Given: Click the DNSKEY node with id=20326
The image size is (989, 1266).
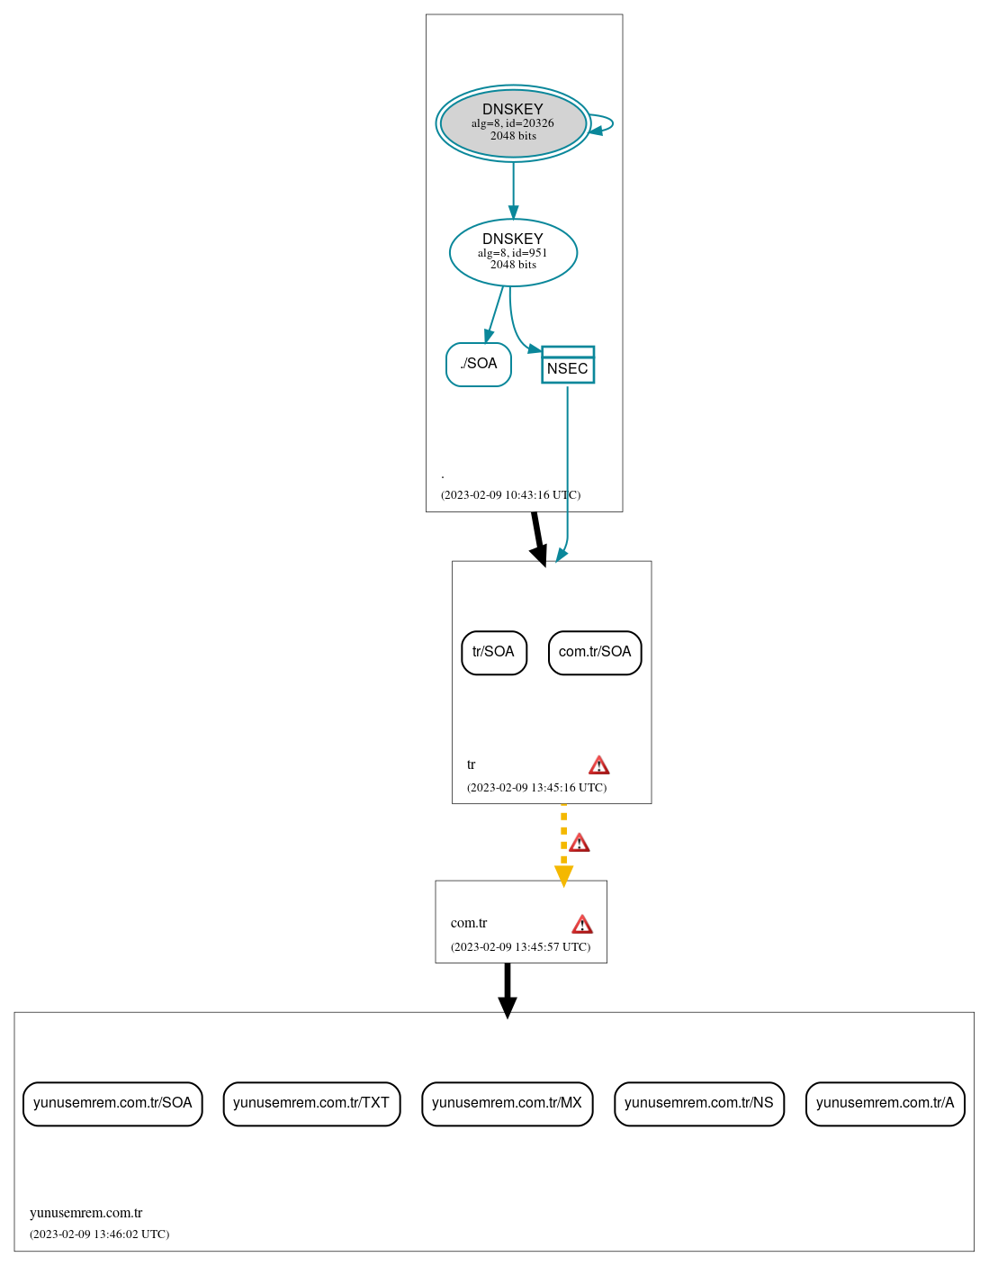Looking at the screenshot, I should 513,123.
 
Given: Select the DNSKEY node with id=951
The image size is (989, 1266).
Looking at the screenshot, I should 513,252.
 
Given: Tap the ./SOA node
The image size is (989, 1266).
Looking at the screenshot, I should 479,364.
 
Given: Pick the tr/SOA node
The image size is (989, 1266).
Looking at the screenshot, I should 494,652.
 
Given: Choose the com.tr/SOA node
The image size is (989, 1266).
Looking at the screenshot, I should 595,652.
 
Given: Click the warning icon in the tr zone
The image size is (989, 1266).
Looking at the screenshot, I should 598,765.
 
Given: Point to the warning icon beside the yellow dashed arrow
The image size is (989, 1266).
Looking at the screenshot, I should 580,843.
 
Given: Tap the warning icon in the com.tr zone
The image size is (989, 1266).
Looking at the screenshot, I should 582,925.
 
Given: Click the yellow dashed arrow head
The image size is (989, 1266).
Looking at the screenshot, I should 563,876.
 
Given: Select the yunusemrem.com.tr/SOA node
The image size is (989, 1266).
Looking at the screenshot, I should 112,1103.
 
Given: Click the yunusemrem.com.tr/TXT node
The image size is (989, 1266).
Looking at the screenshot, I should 311,1103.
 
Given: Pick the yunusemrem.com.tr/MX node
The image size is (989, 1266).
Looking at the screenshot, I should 507,1103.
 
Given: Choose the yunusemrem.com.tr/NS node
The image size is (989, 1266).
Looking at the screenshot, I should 699,1103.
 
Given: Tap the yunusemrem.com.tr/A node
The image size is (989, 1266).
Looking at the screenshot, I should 885,1103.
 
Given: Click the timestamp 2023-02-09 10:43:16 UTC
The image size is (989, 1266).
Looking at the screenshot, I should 510,495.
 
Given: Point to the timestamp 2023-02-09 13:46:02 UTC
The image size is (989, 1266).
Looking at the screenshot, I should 99,1234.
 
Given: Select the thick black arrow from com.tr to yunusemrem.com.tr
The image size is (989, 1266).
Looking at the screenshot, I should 508,989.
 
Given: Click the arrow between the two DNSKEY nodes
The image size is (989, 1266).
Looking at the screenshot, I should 514,189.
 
